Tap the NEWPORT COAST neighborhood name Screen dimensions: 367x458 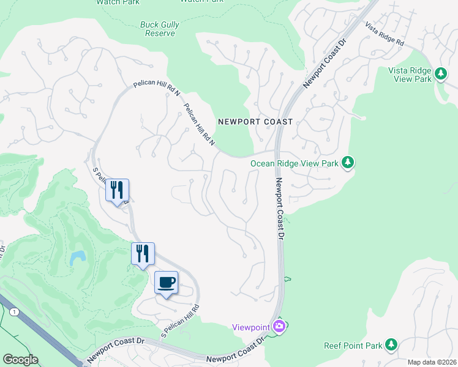point(252,122)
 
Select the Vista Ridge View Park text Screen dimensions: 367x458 point(410,75)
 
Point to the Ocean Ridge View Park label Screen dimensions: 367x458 point(295,163)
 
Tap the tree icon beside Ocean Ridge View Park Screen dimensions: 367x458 point(348,163)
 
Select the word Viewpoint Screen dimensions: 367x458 point(251,327)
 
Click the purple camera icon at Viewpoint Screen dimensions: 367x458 point(279,327)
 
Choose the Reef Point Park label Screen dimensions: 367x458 point(353,346)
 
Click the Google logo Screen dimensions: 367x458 point(21,359)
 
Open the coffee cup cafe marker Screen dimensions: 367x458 point(166,283)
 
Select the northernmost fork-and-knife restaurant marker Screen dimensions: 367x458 point(117,190)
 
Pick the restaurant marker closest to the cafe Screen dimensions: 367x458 point(143,253)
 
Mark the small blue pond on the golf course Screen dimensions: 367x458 point(77,258)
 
